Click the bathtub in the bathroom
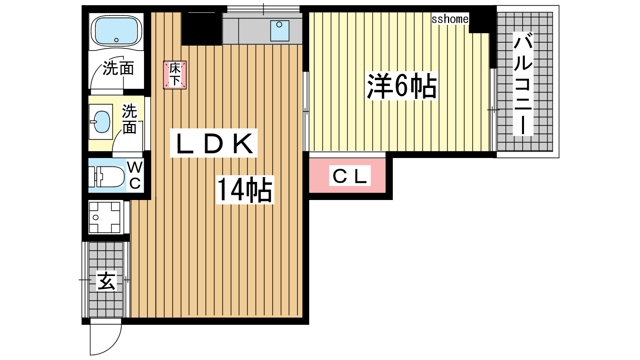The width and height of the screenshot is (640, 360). [x=116, y=31]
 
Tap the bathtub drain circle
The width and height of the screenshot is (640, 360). [x=116, y=40]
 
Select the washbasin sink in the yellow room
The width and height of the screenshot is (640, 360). [x=102, y=122]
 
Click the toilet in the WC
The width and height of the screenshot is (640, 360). [x=106, y=176]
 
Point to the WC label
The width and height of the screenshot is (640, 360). [x=135, y=175]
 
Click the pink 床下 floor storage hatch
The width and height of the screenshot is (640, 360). [x=175, y=75]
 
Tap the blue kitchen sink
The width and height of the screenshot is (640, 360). [x=280, y=30]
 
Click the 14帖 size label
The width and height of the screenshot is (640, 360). [x=244, y=190]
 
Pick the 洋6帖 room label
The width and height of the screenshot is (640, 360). [x=402, y=86]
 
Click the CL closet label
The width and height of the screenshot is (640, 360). [x=350, y=176]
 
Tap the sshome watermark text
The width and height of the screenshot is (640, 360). [x=450, y=19]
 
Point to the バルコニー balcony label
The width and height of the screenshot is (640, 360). [x=523, y=84]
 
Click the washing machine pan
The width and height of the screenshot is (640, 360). [x=104, y=218]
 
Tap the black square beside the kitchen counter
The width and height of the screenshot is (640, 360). [x=202, y=28]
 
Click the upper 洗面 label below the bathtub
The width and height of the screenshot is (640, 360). [x=118, y=68]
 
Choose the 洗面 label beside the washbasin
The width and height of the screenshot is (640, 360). [x=130, y=119]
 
